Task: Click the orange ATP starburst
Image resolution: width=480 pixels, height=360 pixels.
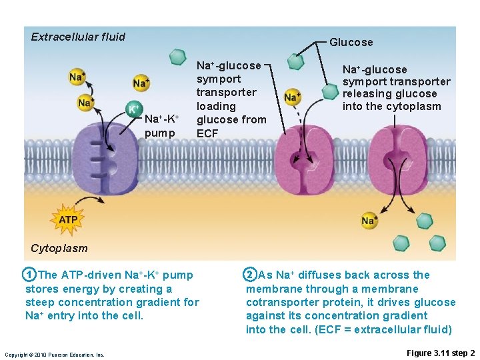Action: click(x=68, y=219)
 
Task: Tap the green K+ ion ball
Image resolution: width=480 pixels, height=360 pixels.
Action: click(x=134, y=109)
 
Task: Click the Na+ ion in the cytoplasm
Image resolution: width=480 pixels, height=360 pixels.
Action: click(x=369, y=220)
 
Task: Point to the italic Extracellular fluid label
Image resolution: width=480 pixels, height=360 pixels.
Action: click(x=78, y=37)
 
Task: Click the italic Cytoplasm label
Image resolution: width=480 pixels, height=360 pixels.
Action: click(x=59, y=248)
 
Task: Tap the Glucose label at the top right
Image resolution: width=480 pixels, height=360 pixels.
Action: click(x=351, y=42)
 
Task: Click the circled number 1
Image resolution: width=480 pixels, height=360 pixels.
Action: click(x=29, y=275)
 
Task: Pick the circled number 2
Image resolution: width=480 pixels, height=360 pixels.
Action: click(x=249, y=275)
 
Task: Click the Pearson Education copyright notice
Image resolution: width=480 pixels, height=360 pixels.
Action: click(x=54, y=354)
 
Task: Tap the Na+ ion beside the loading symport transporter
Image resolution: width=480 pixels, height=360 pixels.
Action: click(x=291, y=97)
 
